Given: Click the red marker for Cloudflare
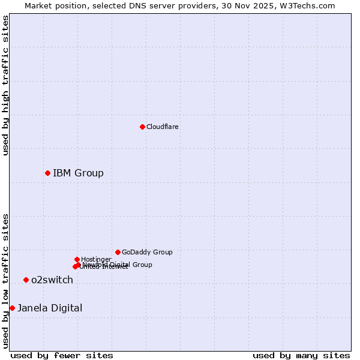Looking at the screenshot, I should tap(142, 127).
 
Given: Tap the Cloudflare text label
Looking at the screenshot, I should tap(162, 127).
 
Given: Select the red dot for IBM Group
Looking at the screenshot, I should tap(47, 173).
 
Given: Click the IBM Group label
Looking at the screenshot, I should tap(78, 173).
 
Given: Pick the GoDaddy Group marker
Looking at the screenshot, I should tap(118, 252).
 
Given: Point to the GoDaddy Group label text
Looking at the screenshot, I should tap(147, 252).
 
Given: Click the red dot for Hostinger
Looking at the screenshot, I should tap(77, 259).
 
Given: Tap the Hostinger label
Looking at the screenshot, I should tap(96, 259).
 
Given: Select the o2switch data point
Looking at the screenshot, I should tap(26, 280).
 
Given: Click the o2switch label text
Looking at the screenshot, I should tap(52, 280).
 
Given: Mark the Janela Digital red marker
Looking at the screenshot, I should tap(12, 308).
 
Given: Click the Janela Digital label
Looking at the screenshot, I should tap(50, 308).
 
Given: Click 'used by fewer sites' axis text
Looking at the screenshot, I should tap(62, 355).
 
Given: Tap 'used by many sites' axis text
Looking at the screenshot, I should tap(301, 355).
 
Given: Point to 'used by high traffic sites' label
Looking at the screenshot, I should tap(6, 85).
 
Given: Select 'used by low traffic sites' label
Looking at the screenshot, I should tap(6, 281).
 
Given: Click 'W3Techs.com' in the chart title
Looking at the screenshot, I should tap(309, 5).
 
